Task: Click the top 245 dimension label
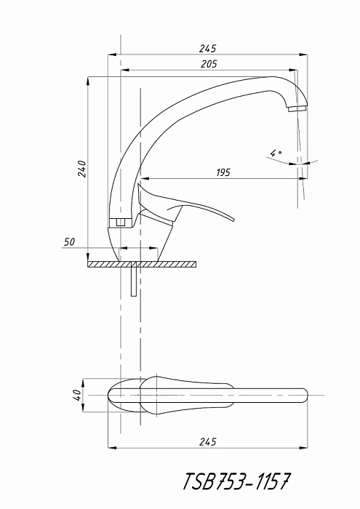[207, 49]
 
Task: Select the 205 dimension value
[209, 64]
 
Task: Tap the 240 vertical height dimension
[81, 169]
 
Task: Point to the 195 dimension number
[223, 172]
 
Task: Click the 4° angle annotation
[276, 153]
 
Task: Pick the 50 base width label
[69, 242]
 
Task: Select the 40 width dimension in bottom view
[78, 395]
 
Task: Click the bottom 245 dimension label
[207, 442]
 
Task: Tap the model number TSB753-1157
[236, 481]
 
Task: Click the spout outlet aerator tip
[297, 108]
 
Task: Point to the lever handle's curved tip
[233, 218]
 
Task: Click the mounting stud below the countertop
[133, 279]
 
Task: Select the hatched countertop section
[142, 265]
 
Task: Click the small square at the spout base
[121, 223]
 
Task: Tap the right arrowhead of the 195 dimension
[303, 178]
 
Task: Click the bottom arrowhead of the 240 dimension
[88, 257]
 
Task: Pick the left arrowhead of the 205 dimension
[125, 70]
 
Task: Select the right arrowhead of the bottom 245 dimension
[303, 448]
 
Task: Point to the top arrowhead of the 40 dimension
[84, 383]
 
